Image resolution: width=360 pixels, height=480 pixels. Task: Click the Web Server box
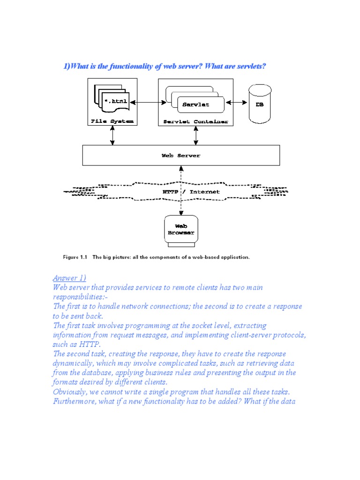(x=181, y=155)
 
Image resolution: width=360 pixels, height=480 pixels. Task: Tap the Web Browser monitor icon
(x=180, y=230)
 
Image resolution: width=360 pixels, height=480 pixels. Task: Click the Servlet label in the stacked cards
(x=196, y=105)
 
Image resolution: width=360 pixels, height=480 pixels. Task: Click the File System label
(x=112, y=121)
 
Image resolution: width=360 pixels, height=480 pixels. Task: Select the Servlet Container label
(x=195, y=122)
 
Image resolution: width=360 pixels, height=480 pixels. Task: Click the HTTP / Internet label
(x=191, y=192)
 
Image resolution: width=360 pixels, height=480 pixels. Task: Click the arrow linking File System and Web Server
(x=112, y=135)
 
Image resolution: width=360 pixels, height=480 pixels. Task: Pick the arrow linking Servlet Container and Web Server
(x=195, y=135)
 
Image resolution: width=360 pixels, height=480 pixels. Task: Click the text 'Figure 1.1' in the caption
(x=75, y=257)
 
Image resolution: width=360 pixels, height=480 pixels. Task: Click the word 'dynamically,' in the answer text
(x=75, y=363)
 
